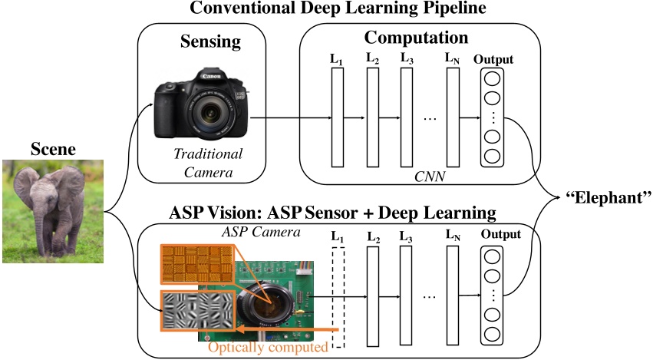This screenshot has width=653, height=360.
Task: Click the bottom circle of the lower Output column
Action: [x=494, y=335]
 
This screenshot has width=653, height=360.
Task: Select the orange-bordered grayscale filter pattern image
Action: [x=198, y=311]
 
